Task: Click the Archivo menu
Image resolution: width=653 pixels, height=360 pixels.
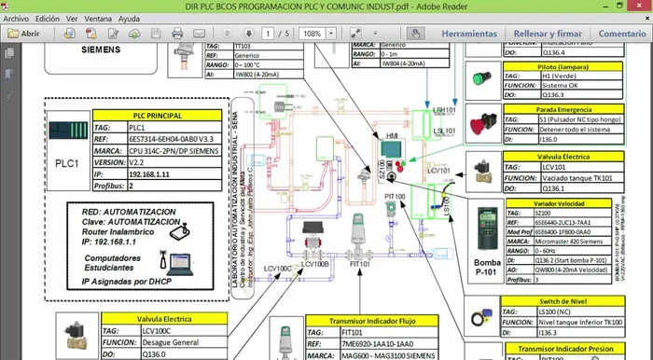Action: [x=16, y=19]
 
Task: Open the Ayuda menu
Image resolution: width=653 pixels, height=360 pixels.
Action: [x=129, y=19]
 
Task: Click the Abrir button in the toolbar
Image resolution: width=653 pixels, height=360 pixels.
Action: [x=24, y=34]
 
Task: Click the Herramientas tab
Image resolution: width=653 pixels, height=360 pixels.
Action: [x=469, y=34]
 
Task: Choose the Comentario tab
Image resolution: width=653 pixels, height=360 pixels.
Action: [x=622, y=34]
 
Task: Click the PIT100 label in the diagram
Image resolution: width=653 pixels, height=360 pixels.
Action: [x=395, y=198]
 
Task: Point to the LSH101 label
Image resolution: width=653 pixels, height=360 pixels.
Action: [x=444, y=110]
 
